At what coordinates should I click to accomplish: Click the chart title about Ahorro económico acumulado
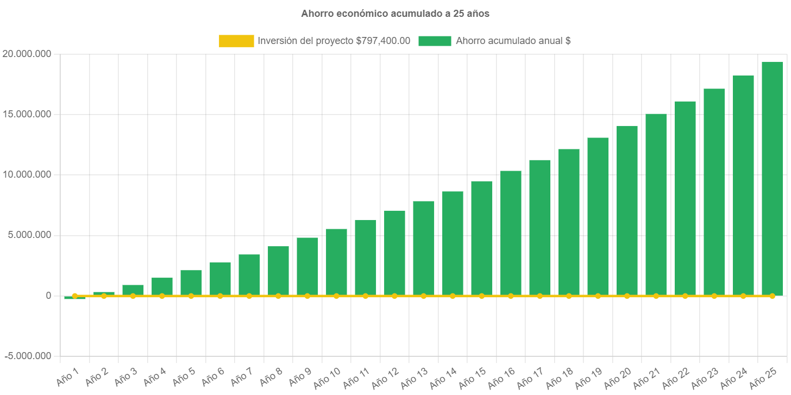[x=395, y=14]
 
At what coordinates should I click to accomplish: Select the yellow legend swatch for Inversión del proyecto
[x=236, y=41]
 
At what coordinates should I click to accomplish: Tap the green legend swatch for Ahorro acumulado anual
[x=435, y=41]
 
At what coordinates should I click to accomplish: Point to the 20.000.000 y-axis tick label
[x=27, y=54]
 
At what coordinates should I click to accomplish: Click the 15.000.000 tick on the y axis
[x=27, y=114]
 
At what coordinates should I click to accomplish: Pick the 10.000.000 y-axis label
[x=27, y=174]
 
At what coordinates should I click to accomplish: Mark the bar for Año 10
[x=336, y=262]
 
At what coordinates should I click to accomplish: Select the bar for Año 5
[x=191, y=283]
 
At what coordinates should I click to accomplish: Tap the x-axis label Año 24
[x=734, y=379]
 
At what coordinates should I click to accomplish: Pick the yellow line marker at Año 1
[x=75, y=296]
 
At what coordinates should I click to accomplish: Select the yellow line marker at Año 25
[x=772, y=296]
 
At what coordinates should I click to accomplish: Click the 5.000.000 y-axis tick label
[x=29, y=235]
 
